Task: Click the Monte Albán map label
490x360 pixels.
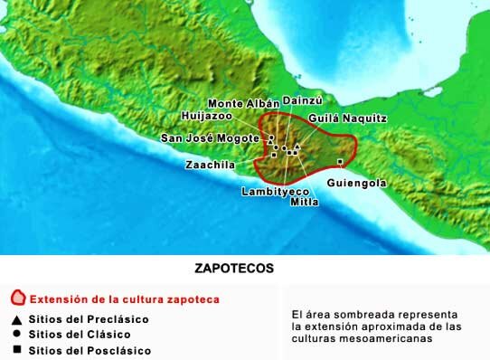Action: point(241,104)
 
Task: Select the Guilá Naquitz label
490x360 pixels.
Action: point(347,118)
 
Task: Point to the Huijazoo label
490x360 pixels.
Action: point(206,117)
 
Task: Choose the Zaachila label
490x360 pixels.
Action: point(210,166)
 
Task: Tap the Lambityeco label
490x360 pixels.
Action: point(276,192)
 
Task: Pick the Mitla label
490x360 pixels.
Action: point(304,202)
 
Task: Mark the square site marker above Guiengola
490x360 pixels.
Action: point(340,162)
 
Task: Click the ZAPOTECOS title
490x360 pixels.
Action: point(234,269)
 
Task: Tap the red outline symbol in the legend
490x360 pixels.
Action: point(16,298)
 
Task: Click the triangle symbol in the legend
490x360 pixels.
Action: point(16,318)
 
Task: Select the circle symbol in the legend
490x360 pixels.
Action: point(16,334)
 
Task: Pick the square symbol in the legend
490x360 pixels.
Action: point(16,349)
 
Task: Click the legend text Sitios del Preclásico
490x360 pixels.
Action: point(89,318)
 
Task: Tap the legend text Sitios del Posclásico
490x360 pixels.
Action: point(90,350)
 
